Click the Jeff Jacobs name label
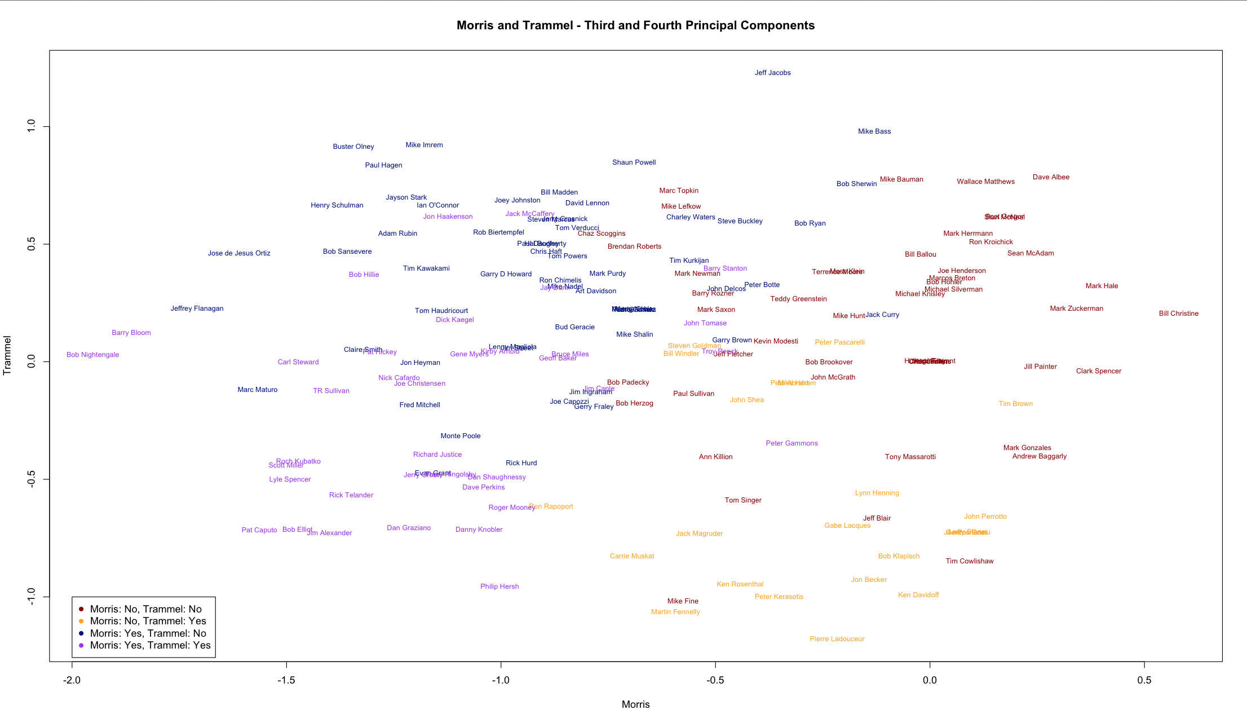point(772,73)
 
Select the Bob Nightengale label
point(92,355)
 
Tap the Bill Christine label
point(1178,314)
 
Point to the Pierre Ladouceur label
point(837,639)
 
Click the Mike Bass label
point(874,131)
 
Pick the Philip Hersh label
point(499,587)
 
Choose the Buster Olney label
point(353,147)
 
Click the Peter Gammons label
point(791,443)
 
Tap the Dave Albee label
point(1051,177)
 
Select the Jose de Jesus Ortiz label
point(239,253)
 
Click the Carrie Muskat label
point(632,556)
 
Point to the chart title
point(635,25)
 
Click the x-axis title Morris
point(635,704)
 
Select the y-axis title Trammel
point(7,355)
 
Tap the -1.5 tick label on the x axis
point(286,680)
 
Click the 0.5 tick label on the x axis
point(1144,680)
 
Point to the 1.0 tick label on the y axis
point(32,126)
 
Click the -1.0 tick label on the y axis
point(32,597)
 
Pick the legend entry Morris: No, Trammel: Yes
point(148,621)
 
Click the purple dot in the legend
point(81,645)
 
